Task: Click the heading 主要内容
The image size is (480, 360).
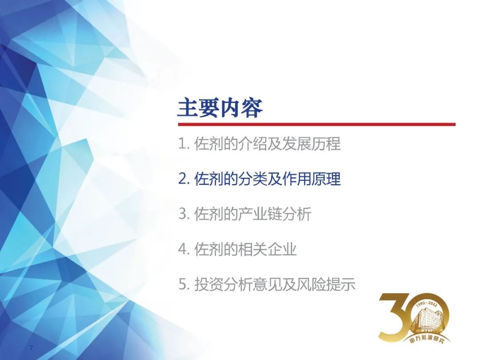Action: click(x=220, y=108)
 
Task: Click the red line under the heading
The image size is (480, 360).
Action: click(x=317, y=124)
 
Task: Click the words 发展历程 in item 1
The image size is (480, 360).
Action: click(x=311, y=144)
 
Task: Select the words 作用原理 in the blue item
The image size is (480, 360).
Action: click(x=311, y=179)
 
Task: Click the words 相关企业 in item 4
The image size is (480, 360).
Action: click(x=267, y=249)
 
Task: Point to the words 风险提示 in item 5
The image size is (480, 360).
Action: click(x=326, y=284)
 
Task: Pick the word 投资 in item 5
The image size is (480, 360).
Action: click(x=209, y=284)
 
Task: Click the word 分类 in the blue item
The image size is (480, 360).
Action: click(x=252, y=179)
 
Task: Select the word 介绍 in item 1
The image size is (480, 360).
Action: click(x=252, y=144)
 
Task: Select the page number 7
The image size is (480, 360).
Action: click(x=31, y=348)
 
